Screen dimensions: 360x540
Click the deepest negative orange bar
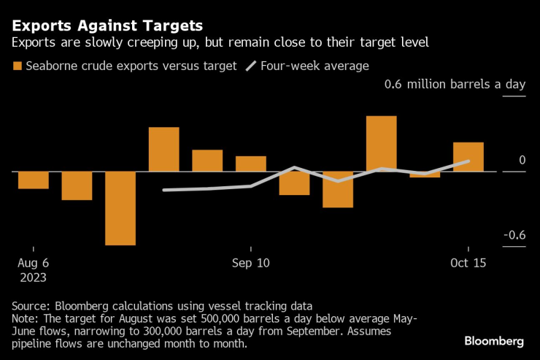[120, 208]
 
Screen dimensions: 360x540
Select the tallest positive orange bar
[381, 144]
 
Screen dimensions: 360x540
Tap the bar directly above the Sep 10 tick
[250, 164]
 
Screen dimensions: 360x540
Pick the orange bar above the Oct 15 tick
[468, 157]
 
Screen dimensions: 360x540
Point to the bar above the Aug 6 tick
[34, 180]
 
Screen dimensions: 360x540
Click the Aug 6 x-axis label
[33, 263]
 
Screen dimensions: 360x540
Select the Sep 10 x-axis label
[250, 263]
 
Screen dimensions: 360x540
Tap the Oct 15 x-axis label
[468, 263]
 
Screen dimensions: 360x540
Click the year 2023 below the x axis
[33, 277]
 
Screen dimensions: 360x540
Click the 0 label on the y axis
[522, 160]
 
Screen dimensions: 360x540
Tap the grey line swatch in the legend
[250, 66]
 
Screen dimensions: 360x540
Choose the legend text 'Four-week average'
[315, 66]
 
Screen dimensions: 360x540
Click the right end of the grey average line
[468, 161]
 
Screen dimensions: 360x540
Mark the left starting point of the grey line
[163, 190]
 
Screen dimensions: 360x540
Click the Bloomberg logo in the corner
[494, 341]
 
